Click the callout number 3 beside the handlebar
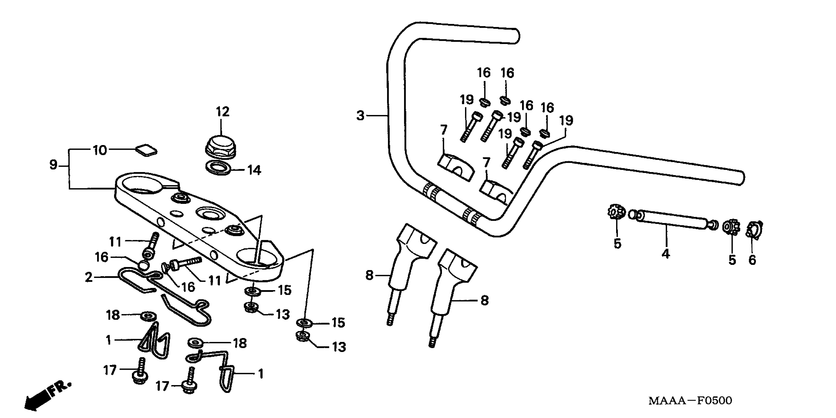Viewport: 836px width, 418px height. coord(360,116)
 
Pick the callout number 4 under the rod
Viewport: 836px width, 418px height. coord(665,254)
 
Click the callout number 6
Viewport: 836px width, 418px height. coord(752,260)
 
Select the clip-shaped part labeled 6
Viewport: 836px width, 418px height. coord(754,230)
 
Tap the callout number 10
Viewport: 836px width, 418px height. coord(100,150)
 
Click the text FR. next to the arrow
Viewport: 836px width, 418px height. coord(60,388)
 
